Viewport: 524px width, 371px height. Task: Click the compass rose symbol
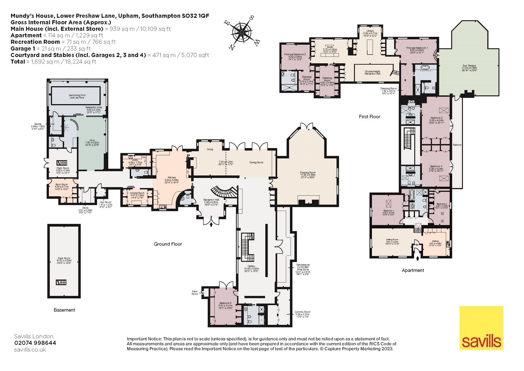click(x=242, y=32)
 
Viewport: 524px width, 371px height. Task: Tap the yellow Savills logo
click(x=481, y=328)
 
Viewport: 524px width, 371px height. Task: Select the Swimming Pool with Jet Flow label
click(x=77, y=96)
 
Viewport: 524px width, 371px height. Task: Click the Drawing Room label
click(x=308, y=174)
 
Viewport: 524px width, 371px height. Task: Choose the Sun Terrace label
click(x=469, y=68)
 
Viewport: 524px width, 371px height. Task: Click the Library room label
click(x=370, y=32)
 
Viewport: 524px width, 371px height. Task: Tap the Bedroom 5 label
click(x=225, y=304)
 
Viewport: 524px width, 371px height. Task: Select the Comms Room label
click(x=302, y=313)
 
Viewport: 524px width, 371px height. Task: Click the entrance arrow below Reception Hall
click(x=211, y=225)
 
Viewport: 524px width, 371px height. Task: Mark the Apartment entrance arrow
click(x=417, y=258)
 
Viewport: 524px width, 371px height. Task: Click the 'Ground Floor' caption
click(x=168, y=244)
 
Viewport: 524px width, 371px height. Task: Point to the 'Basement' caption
click(x=64, y=310)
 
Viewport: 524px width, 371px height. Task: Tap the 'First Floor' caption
click(x=369, y=116)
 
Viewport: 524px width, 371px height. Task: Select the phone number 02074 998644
click(x=35, y=343)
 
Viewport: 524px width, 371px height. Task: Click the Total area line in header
click(x=53, y=62)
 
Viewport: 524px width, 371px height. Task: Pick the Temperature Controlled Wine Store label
click(x=302, y=269)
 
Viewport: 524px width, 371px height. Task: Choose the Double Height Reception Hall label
click(x=372, y=72)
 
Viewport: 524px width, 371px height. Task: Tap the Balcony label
click(x=457, y=145)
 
